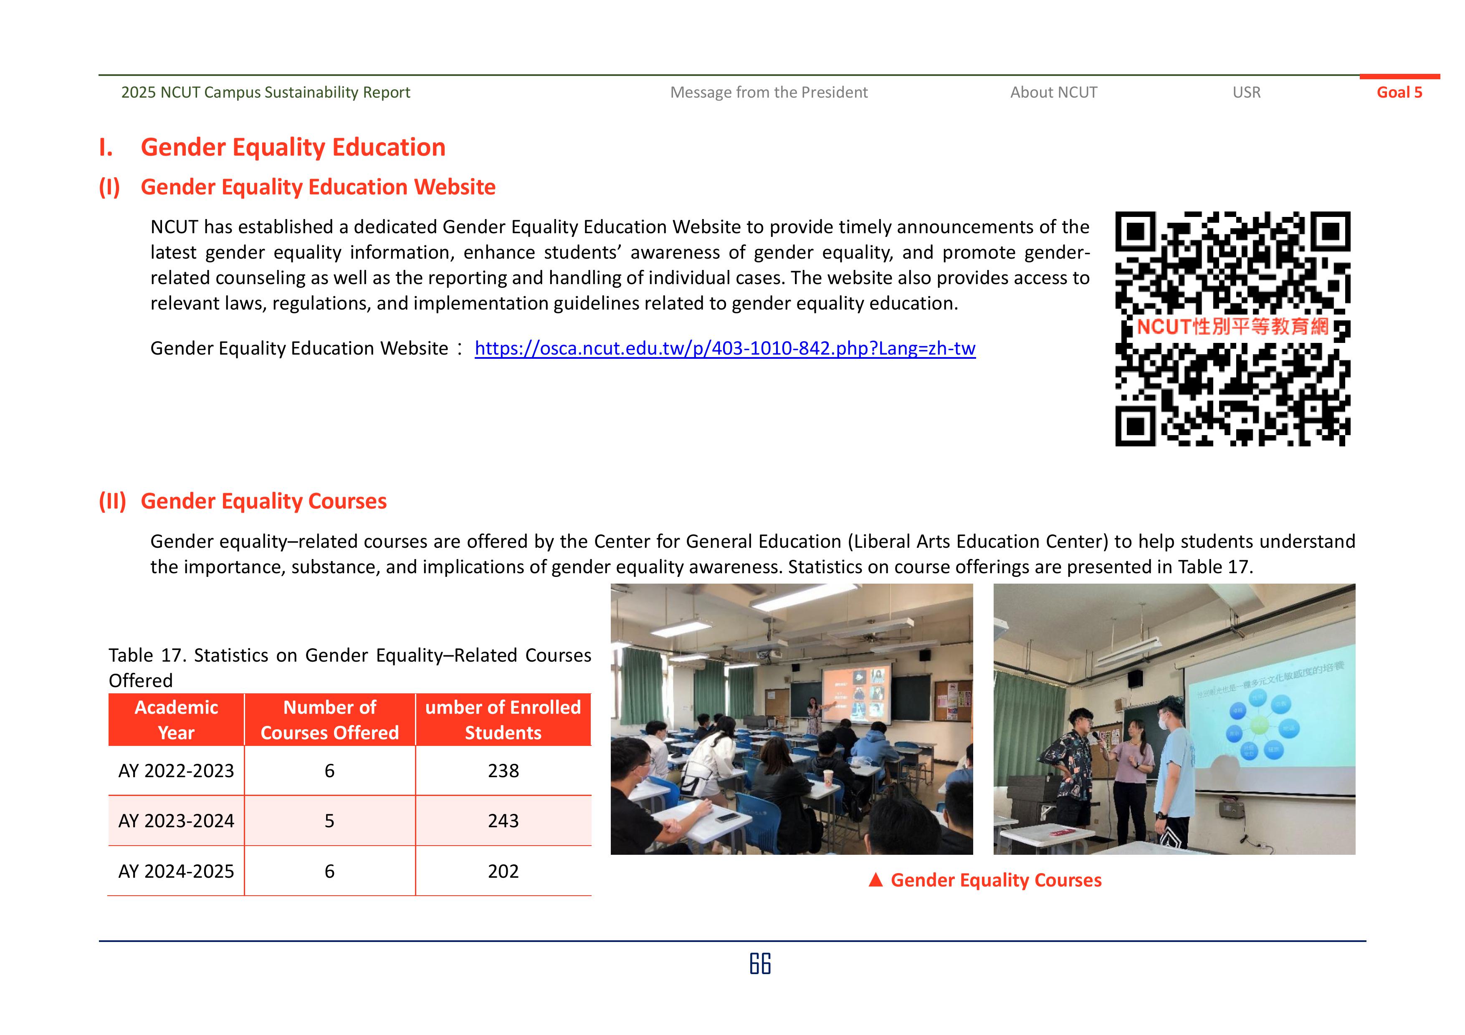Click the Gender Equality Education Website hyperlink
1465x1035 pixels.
click(x=725, y=348)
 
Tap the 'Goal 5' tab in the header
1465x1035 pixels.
click(x=1399, y=93)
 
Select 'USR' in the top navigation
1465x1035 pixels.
click(x=1246, y=93)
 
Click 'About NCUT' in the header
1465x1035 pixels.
click(x=1053, y=93)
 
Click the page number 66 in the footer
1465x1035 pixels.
click(x=760, y=964)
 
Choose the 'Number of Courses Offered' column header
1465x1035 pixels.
click(x=329, y=720)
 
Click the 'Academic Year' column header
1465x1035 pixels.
click(x=176, y=720)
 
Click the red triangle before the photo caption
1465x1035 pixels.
click(x=875, y=880)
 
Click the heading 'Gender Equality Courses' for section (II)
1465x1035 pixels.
click(x=263, y=501)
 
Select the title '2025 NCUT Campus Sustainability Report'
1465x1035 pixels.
click(x=266, y=93)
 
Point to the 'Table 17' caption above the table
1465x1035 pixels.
click(x=350, y=667)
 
